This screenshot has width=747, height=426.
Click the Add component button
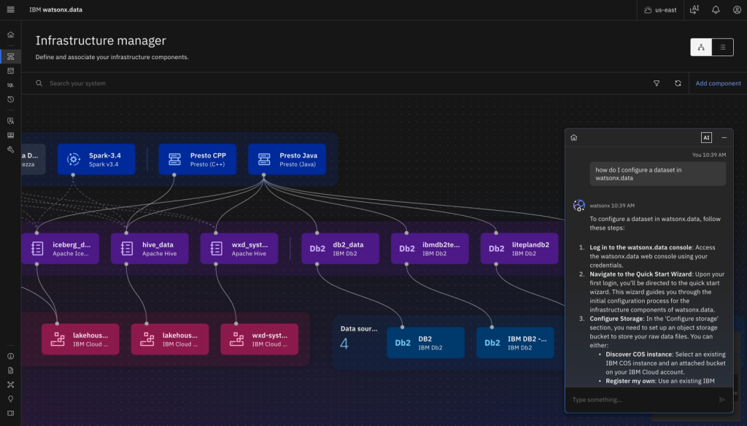(x=718, y=83)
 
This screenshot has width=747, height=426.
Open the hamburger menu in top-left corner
(x=10, y=9)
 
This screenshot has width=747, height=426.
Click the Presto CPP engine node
(x=197, y=159)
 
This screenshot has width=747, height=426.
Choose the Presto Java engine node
(x=287, y=159)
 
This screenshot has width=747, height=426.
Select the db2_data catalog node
(x=340, y=249)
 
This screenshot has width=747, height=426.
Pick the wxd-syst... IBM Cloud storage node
(x=259, y=339)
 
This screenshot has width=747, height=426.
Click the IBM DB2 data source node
(x=515, y=343)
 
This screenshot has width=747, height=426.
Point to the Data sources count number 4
(x=344, y=344)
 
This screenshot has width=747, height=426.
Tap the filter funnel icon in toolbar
(x=657, y=83)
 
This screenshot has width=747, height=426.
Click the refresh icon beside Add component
(x=678, y=83)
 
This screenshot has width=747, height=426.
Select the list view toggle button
(x=722, y=47)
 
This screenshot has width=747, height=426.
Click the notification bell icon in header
(x=716, y=9)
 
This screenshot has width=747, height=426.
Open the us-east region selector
(x=659, y=9)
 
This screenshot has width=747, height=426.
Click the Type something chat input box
(x=638, y=400)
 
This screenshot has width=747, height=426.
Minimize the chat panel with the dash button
(x=724, y=137)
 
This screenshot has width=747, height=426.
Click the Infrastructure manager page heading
(x=101, y=41)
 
